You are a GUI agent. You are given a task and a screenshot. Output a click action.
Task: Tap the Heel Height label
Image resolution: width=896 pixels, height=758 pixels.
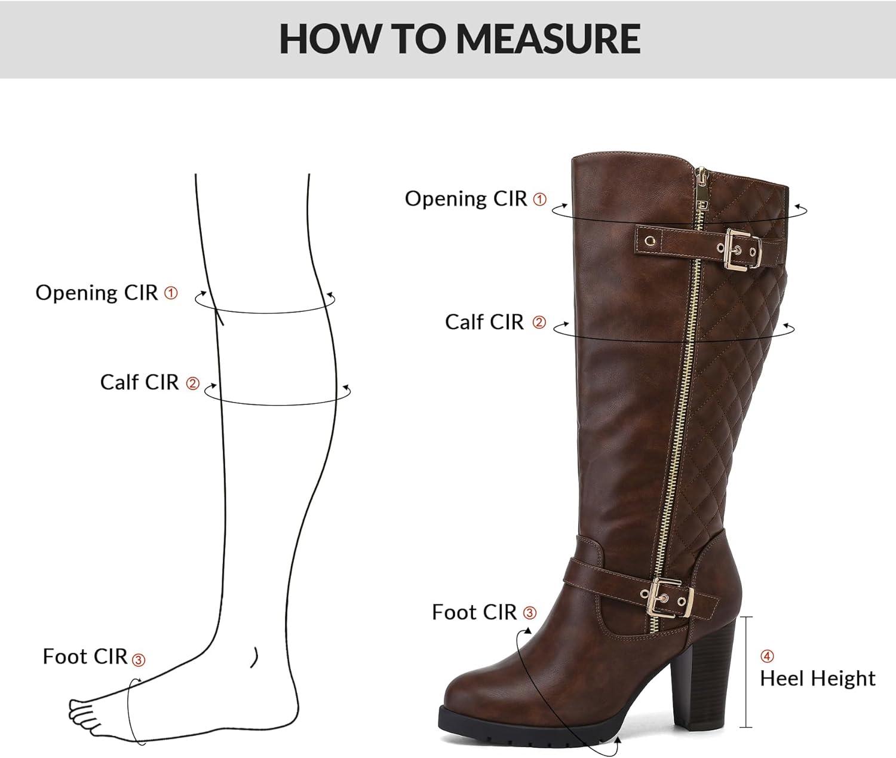point(818,678)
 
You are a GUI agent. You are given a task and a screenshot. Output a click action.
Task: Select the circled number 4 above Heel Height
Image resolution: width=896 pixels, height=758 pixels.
point(767,656)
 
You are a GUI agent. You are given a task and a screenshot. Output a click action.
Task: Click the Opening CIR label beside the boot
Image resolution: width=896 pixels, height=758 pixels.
point(465,198)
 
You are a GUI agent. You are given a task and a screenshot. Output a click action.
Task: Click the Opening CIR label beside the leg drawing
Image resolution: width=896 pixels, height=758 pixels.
point(96,293)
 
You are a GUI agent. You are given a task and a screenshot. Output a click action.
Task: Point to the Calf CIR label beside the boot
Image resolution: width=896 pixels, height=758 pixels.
point(484,322)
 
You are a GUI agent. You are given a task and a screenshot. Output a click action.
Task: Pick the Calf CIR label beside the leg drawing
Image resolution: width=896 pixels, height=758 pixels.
point(139,382)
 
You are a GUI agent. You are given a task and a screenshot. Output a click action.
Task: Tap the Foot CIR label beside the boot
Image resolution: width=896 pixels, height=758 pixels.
point(474,612)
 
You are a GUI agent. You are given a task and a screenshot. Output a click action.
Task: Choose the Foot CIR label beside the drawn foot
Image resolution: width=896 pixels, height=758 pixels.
point(85,656)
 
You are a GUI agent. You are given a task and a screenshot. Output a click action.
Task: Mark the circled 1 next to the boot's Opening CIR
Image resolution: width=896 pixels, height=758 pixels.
point(539,200)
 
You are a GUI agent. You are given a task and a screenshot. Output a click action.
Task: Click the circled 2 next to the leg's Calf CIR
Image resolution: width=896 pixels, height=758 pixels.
point(192,383)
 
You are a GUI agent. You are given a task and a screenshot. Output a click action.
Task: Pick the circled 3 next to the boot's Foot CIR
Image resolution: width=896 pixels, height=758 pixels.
point(530,613)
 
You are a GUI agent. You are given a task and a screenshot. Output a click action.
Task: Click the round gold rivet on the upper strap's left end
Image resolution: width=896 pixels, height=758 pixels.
point(650,241)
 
